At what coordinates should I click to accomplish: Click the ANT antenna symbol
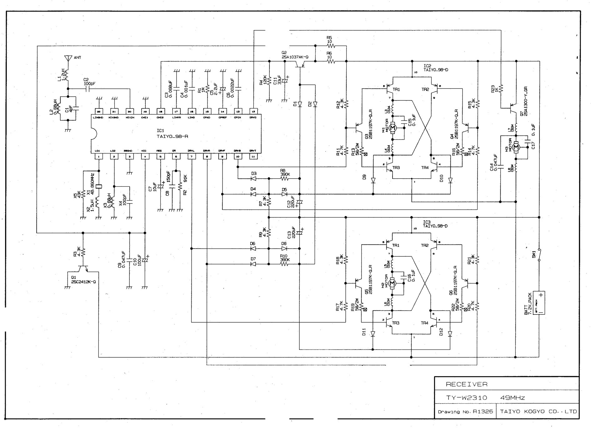(68, 58)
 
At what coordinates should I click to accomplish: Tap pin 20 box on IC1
(129, 112)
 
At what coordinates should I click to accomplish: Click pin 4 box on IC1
(145, 156)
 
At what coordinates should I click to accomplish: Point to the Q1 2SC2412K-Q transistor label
(83, 280)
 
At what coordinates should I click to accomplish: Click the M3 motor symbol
(516, 147)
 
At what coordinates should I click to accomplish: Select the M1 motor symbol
(393, 128)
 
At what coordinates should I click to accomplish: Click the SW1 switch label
(534, 254)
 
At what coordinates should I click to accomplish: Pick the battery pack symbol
(539, 303)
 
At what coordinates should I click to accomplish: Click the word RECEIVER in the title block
(466, 384)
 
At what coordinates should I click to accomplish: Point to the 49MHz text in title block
(513, 398)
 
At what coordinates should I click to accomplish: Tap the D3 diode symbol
(253, 179)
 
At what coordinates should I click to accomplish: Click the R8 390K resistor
(285, 179)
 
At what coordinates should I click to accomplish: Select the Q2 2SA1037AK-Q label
(295, 55)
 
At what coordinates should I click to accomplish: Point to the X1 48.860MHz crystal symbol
(98, 187)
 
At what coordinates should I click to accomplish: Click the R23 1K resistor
(501, 88)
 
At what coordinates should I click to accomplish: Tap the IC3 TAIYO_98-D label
(435, 224)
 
